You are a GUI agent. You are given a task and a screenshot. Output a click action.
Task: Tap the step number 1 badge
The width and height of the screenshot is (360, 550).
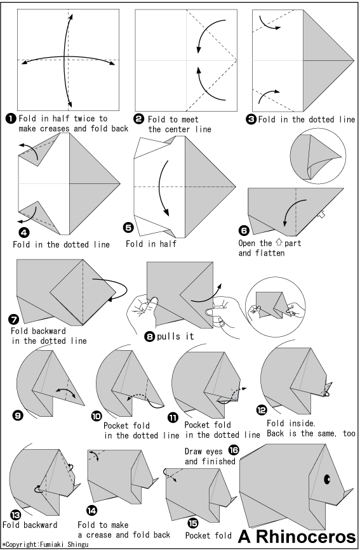[x=11, y=119]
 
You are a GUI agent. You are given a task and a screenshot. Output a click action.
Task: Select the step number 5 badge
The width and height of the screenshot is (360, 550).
[x=128, y=227]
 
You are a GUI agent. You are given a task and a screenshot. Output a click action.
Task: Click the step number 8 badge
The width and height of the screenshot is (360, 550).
[x=150, y=337]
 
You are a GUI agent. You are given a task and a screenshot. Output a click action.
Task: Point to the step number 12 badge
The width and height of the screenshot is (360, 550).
[x=262, y=410]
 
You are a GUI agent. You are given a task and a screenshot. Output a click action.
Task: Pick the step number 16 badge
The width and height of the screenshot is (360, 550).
[x=234, y=450]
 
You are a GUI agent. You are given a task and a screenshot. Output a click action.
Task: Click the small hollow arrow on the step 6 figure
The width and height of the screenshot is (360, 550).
[x=321, y=214]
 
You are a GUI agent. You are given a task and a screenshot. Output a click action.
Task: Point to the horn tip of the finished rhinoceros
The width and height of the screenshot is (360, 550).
[x=352, y=488]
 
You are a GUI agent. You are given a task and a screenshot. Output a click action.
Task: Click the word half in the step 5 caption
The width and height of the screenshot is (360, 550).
[x=168, y=244]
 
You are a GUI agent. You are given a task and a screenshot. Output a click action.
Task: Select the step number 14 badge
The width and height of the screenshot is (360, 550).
[x=91, y=511]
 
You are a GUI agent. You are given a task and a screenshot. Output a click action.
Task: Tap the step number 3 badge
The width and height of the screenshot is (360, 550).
[x=251, y=120]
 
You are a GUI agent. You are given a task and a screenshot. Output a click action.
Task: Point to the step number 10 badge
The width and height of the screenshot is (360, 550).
[x=97, y=416]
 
